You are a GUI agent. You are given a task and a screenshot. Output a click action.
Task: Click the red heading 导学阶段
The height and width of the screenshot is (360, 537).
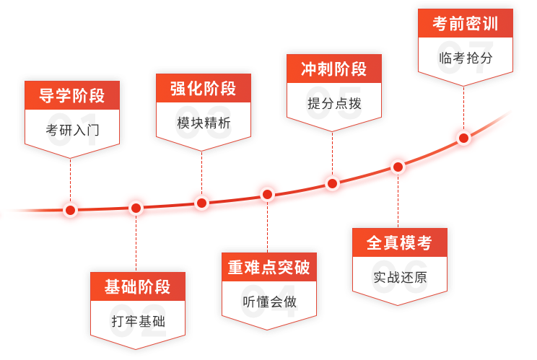click(x=71, y=96)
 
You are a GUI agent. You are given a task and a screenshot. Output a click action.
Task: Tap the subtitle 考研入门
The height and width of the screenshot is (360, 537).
click(x=71, y=131)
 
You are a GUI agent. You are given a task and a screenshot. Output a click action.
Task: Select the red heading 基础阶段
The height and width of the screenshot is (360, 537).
click(x=137, y=286)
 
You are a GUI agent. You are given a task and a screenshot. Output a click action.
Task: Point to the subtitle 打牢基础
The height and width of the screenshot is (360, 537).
click(x=137, y=321)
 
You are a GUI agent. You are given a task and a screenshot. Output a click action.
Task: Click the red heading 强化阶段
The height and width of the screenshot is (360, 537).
click(x=203, y=88)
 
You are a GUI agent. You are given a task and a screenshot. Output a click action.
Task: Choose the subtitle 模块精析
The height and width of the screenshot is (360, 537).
click(x=203, y=123)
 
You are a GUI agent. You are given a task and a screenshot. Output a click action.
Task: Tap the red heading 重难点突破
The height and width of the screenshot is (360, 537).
click(x=268, y=268)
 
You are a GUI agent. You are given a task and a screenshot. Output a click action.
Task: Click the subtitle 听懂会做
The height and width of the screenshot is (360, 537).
click(x=268, y=302)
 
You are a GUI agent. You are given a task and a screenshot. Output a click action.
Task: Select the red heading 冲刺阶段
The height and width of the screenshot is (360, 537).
click(x=333, y=69)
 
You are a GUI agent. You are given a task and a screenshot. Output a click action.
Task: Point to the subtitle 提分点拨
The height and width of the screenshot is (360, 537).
click(x=333, y=103)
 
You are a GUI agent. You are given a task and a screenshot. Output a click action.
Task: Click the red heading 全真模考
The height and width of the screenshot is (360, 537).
click(x=398, y=243)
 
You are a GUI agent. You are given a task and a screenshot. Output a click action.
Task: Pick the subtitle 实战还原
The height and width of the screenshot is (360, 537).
click(x=398, y=277)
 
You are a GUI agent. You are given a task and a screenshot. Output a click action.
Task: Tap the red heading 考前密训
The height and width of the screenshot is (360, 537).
click(x=465, y=24)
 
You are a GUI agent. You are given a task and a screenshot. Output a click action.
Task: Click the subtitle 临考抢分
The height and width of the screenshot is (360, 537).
click(x=465, y=58)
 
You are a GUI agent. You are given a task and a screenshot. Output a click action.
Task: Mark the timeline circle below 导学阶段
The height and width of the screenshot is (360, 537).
click(x=71, y=210)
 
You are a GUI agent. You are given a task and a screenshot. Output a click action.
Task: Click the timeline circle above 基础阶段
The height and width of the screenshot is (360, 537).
click(x=136, y=208)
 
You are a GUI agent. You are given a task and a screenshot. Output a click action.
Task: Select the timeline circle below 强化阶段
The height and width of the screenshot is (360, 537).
click(x=201, y=203)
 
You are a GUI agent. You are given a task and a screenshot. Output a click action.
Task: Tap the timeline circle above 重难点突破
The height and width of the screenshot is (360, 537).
click(x=267, y=194)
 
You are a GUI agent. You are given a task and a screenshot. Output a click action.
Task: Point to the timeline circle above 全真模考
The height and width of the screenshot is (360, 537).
click(x=398, y=167)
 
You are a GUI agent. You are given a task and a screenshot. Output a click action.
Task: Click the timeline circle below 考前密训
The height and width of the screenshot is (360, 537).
click(x=463, y=137)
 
